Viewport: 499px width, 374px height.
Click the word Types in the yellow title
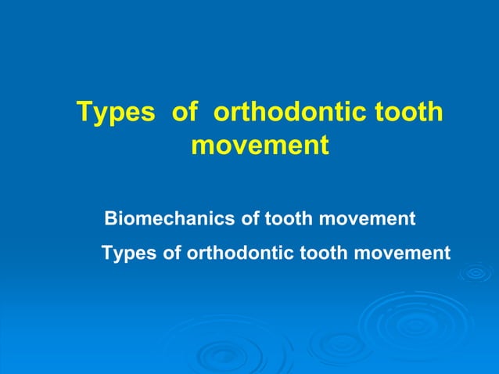click(116, 113)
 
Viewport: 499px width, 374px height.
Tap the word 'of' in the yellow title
click(185, 113)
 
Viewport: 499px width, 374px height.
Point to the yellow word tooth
click(407, 113)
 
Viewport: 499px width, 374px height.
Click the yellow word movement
click(259, 146)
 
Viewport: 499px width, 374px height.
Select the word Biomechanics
click(170, 219)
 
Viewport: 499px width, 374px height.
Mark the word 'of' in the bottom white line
click(174, 254)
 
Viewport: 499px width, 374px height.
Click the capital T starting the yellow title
click(84, 113)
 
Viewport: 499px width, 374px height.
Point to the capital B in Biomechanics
click(111, 219)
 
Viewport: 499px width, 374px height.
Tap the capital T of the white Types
click(107, 254)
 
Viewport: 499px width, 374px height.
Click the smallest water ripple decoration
click(475, 274)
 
